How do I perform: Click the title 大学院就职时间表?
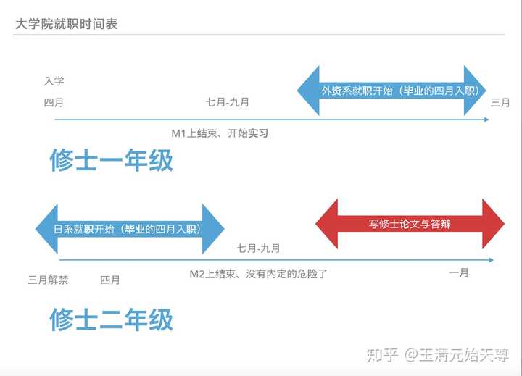[66, 25]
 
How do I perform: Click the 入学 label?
[54, 81]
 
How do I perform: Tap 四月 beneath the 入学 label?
[54, 102]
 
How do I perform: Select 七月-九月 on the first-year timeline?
[228, 102]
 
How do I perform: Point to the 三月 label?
[500, 102]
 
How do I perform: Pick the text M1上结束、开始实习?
[220, 133]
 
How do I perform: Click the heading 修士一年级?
[112, 160]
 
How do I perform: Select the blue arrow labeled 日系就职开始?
[130, 229]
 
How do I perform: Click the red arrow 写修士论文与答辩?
[410, 224]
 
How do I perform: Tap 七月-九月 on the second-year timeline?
[258, 248]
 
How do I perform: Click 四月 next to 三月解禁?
[110, 280]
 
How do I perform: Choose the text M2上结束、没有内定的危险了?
[258, 274]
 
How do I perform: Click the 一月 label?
[459, 272]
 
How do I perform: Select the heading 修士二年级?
[112, 319]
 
